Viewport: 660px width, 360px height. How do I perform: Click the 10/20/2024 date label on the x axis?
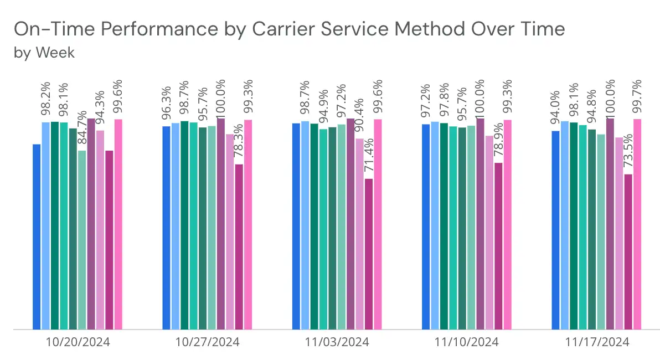tap(78, 342)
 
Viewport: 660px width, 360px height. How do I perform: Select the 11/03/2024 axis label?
tap(337, 342)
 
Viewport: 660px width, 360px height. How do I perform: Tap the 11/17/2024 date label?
tap(597, 342)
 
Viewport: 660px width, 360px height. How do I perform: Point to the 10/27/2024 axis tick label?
tap(208, 342)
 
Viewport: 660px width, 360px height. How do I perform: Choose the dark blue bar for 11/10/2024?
tap(426, 227)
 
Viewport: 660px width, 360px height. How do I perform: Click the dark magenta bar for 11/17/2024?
tap(628, 251)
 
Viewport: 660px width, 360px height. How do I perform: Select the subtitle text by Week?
tap(44, 53)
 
